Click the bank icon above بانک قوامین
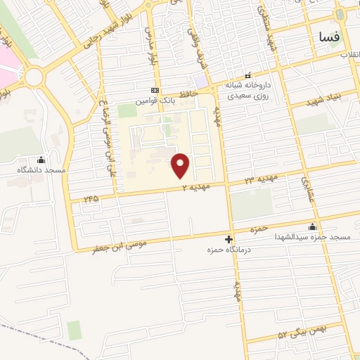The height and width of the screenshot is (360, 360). [x=155, y=90]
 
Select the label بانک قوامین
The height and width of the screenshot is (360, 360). [x=155, y=101]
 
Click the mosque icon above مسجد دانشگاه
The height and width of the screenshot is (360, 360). [x=41, y=159]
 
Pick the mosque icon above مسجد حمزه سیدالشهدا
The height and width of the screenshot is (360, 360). [x=313, y=226]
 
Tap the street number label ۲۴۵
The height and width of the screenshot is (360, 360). [x=91, y=199]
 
